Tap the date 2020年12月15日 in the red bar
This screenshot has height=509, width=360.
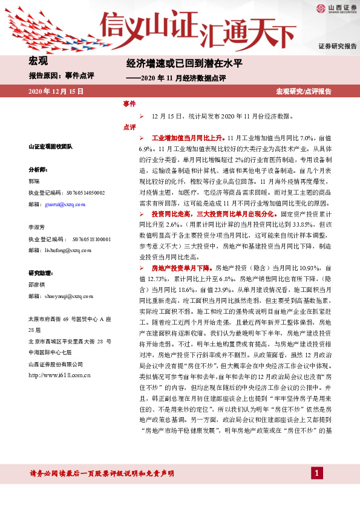point(56,91)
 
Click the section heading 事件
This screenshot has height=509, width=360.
point(129,104)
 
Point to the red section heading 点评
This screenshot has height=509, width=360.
point(129,127)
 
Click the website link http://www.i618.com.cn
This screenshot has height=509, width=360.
point(59,375)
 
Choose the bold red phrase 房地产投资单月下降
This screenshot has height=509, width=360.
point(181,267)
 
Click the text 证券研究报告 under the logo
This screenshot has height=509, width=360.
point(337,47)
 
